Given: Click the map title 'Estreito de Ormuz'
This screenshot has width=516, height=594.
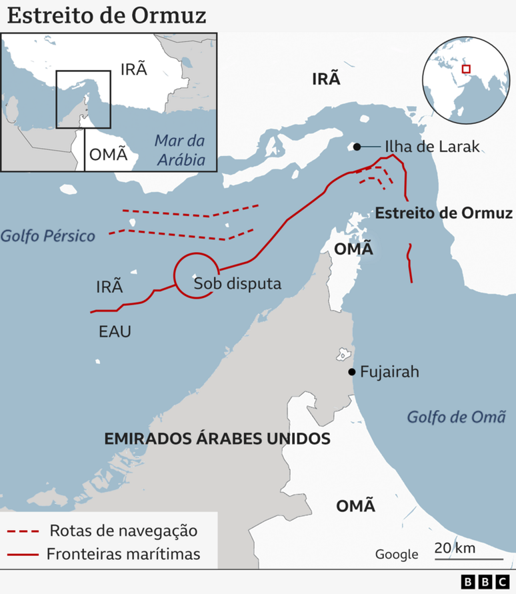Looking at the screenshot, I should [x=107, y=15].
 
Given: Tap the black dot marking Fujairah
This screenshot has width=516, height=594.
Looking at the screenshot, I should [x=351, y=372].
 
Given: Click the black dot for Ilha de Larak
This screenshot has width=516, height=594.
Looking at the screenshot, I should [x=357, y=147].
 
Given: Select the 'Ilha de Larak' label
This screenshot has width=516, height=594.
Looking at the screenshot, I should [x=431, y=147].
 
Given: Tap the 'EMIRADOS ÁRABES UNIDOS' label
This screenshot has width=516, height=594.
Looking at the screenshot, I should [x=217, y=439].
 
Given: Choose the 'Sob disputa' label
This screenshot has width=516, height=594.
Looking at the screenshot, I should [x=237, y=283].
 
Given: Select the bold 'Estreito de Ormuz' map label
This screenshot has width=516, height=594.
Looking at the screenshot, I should [x=444, y=213].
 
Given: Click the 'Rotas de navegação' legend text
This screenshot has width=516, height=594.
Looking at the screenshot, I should [x=124, y=531].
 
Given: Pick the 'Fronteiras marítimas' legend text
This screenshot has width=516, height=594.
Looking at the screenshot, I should [x=123, y=553].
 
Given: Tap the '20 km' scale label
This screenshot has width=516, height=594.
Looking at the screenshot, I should [x=455, y=548].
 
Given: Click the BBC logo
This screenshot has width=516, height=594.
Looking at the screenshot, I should [x=486, y=582].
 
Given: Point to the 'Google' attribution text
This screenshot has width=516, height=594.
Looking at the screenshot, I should [x=397, y=554].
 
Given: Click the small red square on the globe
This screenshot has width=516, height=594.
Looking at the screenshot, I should [x=466, y=69].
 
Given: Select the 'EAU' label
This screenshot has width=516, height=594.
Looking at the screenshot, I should [x=115, y=331].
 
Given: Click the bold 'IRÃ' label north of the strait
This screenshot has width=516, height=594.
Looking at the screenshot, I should [x=326, y=79].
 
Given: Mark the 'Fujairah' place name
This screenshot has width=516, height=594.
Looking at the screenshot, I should [x=389, y=372].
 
